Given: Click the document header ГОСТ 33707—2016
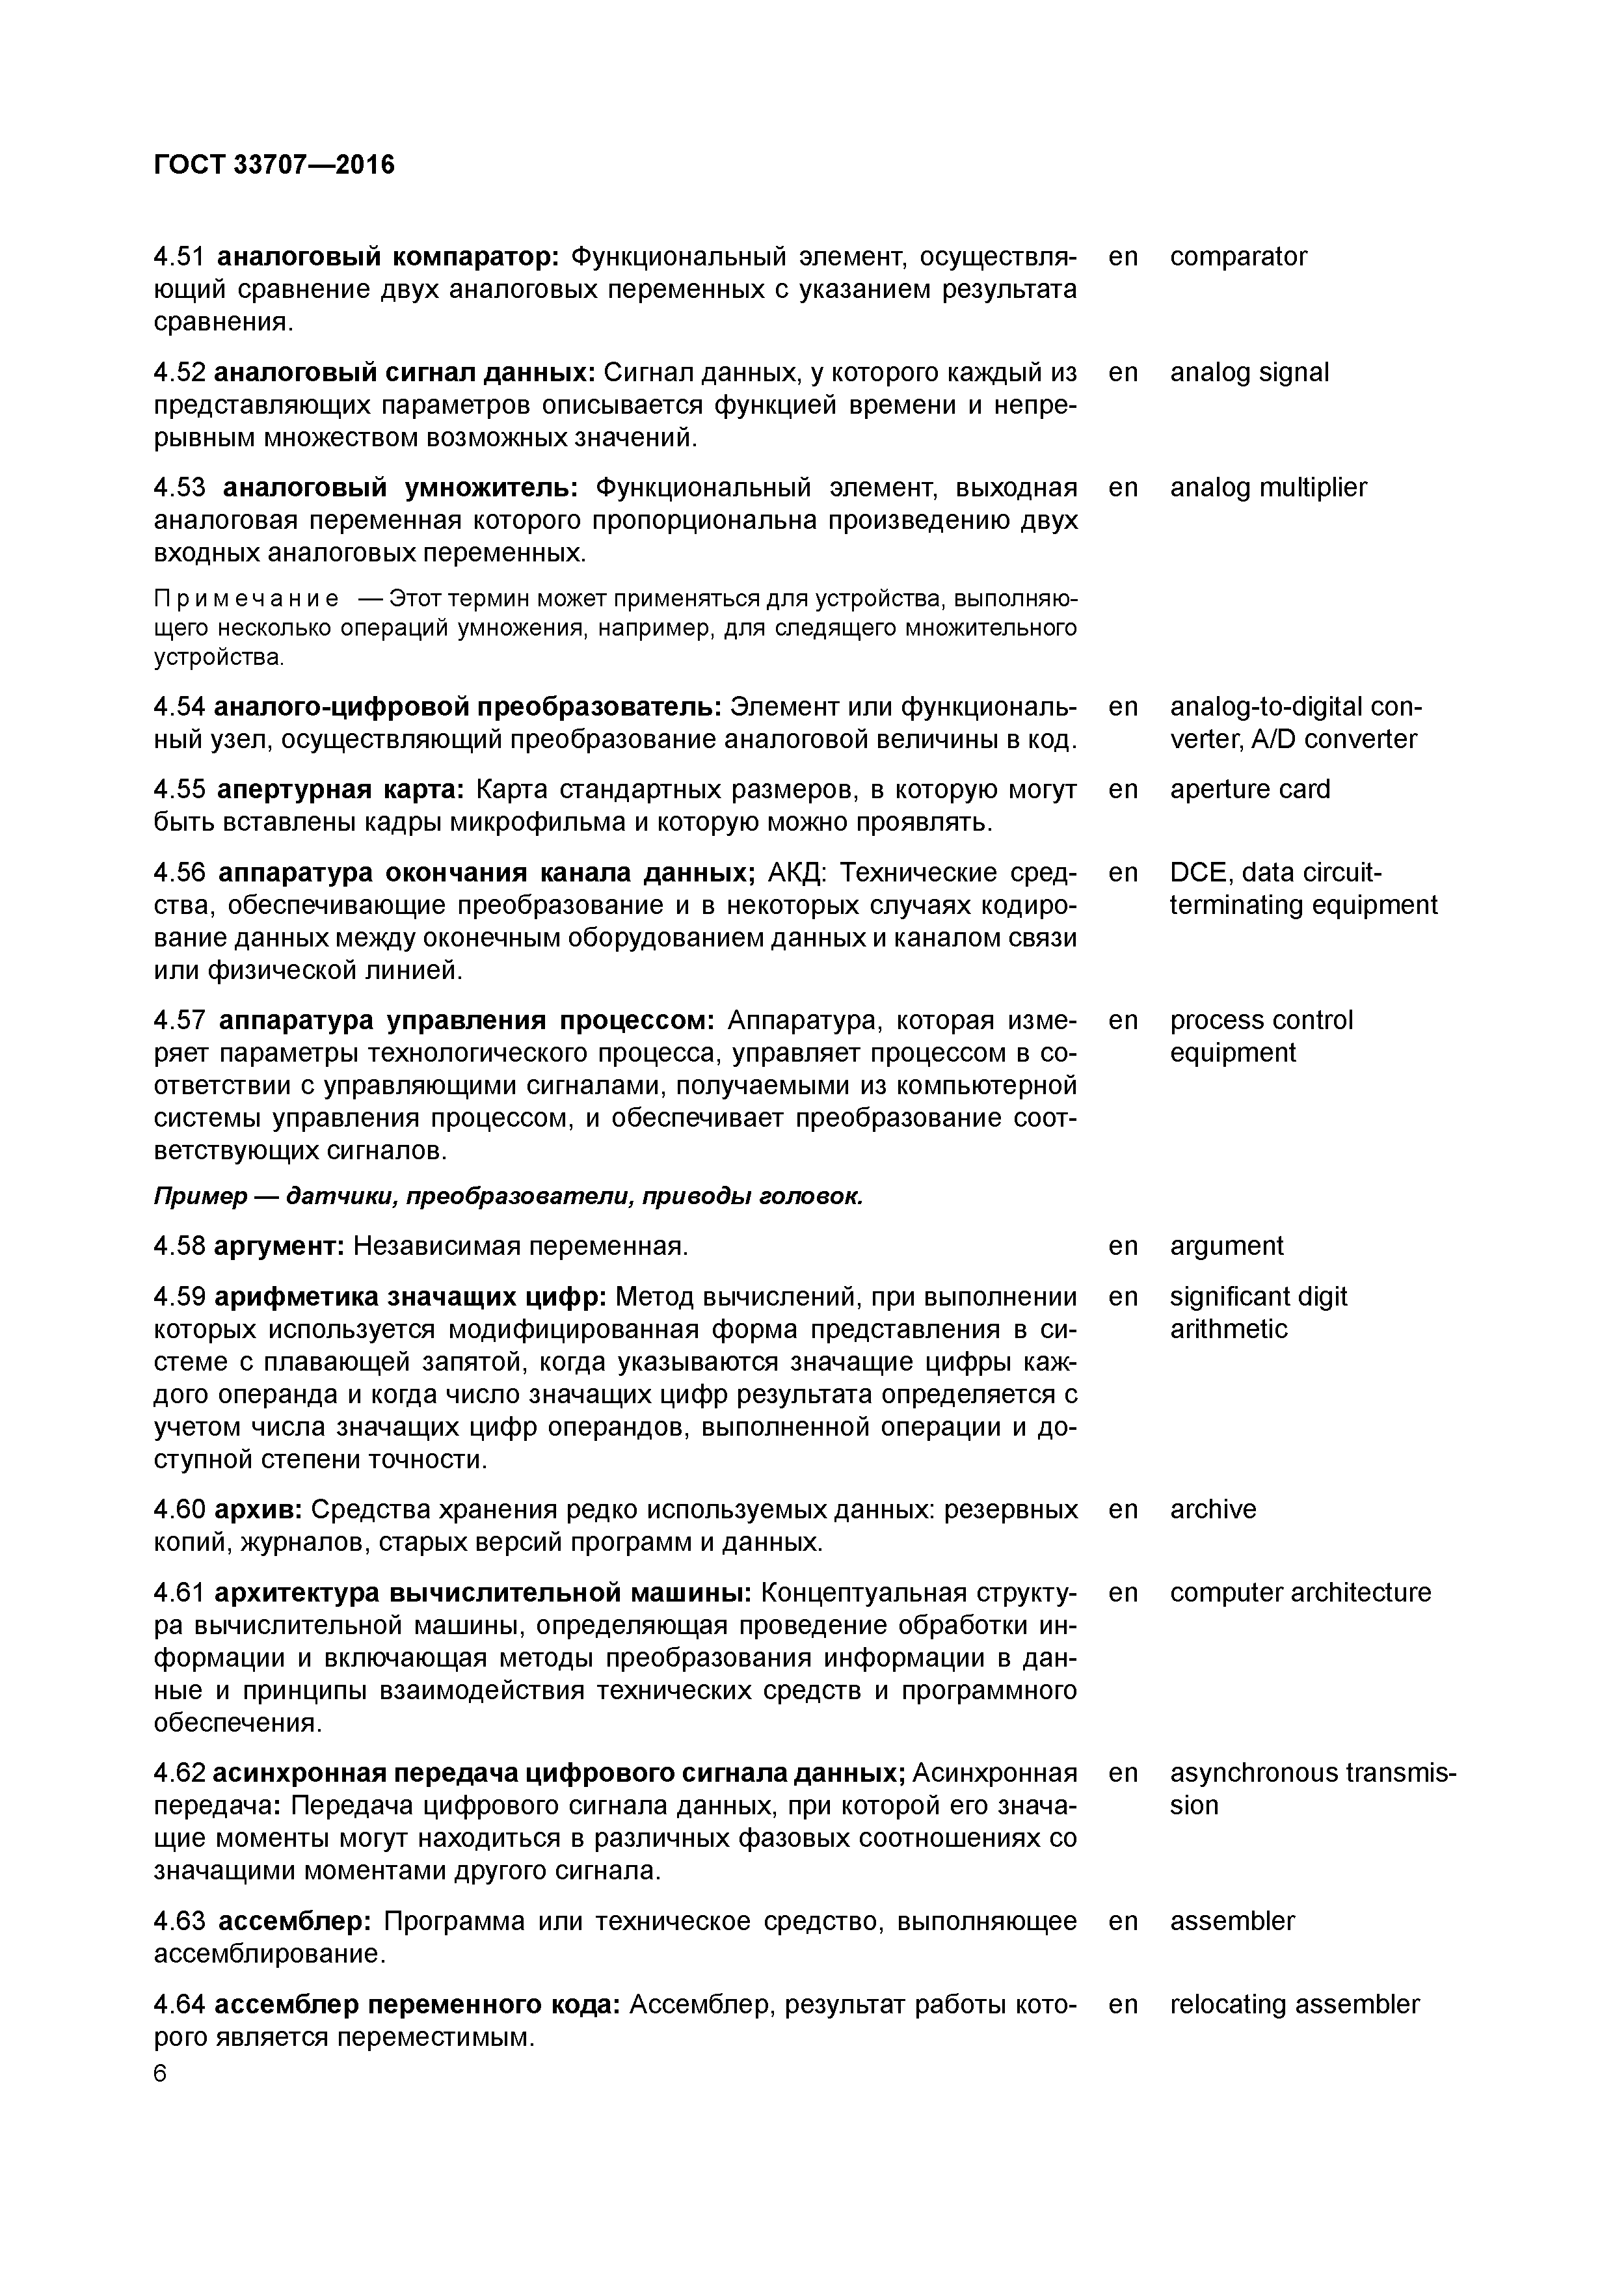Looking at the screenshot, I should (x=274, y=165).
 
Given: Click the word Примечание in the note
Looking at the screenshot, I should (x=245, y=599).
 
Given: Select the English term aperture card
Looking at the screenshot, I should (x=1249, y=789).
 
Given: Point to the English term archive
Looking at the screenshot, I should (x=1212, y=1510).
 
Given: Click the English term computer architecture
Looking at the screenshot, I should (x=1300, y=1593).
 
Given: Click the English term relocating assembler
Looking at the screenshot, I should (x=1294, y=2005).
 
